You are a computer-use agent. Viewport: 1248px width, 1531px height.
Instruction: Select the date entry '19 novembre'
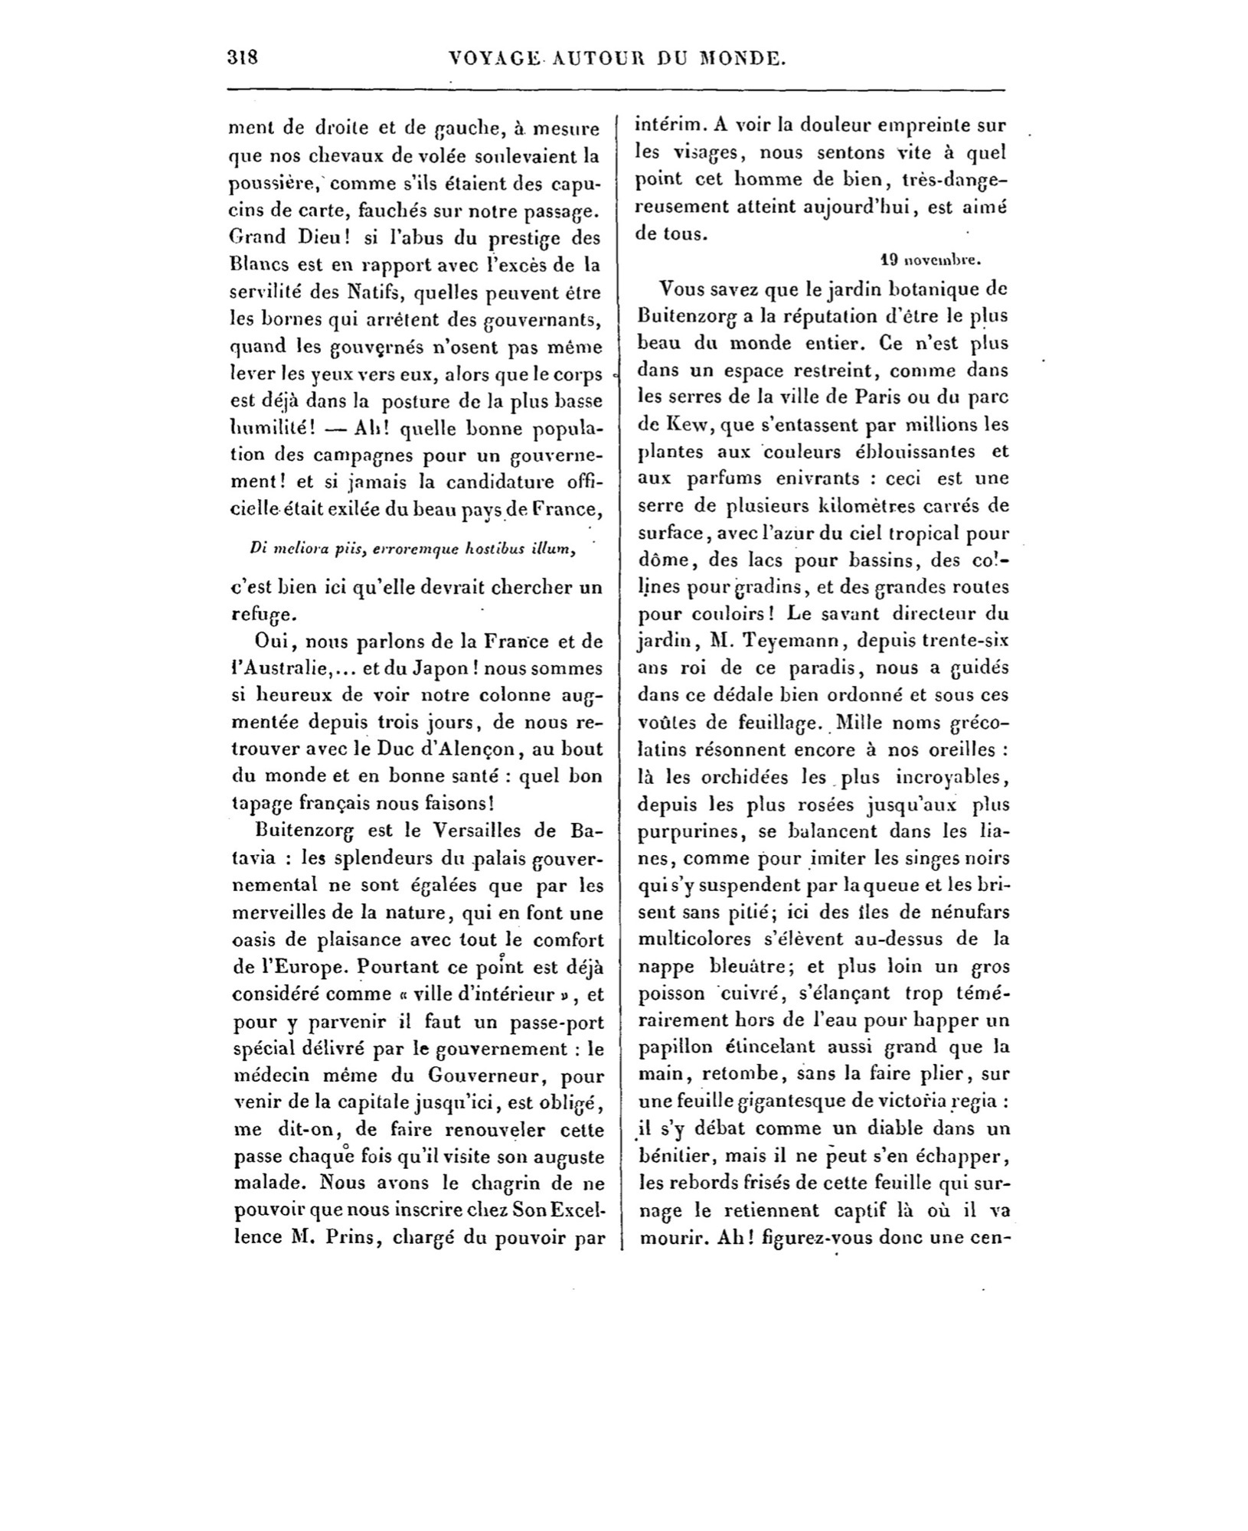click(930, 260)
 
